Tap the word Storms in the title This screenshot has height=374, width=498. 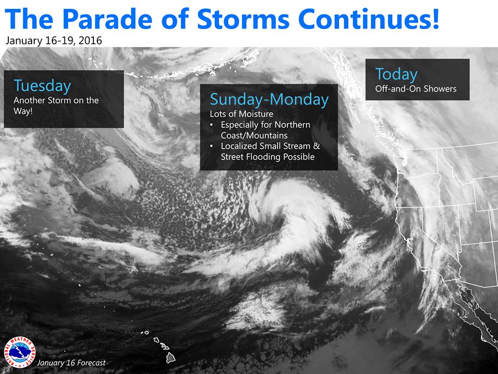point(243,19)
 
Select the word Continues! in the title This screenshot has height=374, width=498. point(369,19)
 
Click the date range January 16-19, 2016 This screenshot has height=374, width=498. point(53,41)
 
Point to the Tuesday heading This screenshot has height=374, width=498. point(42,86)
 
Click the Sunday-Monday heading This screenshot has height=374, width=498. point(269,99)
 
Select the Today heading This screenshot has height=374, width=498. point(396,75)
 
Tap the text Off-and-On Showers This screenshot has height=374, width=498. point(416,89)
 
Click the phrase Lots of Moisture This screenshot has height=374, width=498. point(241,114)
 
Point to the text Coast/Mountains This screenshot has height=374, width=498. point(254,136)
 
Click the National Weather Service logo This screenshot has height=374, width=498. point(20,352)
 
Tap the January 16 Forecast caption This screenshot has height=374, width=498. point(71,363)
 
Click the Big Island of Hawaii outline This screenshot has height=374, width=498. point(171,357)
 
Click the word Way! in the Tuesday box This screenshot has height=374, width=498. point(23,111)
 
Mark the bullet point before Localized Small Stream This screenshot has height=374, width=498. point(212,146)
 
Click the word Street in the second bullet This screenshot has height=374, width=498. point(234,157)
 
